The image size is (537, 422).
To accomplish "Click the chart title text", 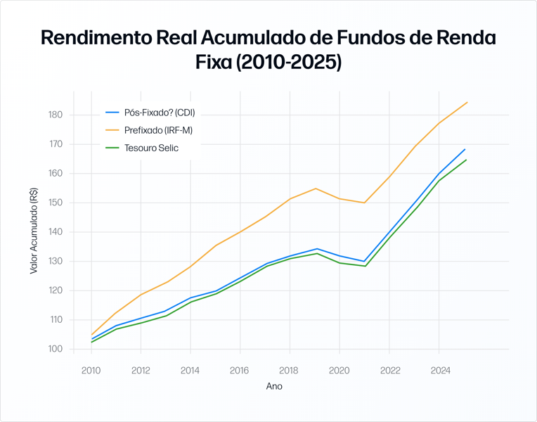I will click(268, 49).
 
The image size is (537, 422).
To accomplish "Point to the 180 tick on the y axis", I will click(56, 115).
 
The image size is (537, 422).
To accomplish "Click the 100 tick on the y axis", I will click(56, 349).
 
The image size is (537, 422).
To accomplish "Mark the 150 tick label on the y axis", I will click(56, 203).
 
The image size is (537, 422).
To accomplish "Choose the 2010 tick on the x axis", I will click(91, 369).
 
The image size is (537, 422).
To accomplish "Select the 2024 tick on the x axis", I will click(439, 369).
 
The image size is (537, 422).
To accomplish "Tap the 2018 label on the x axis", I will click(290, 369).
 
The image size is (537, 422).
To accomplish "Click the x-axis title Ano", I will click(274, 386).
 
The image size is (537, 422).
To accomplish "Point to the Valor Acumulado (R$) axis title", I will click(34, 231).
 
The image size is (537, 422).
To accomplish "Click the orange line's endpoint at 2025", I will click(467, 102).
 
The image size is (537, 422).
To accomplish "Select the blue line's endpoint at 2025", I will click(465, 149).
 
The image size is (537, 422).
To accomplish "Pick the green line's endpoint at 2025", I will click(466, 160).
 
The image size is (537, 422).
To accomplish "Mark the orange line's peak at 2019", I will click(316, 188).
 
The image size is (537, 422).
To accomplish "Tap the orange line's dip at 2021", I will click(365, 203).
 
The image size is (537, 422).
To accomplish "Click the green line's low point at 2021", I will click(365, 266).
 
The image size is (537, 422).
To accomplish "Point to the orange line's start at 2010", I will click(91, 335).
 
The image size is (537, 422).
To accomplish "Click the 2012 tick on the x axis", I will click(141, 369).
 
